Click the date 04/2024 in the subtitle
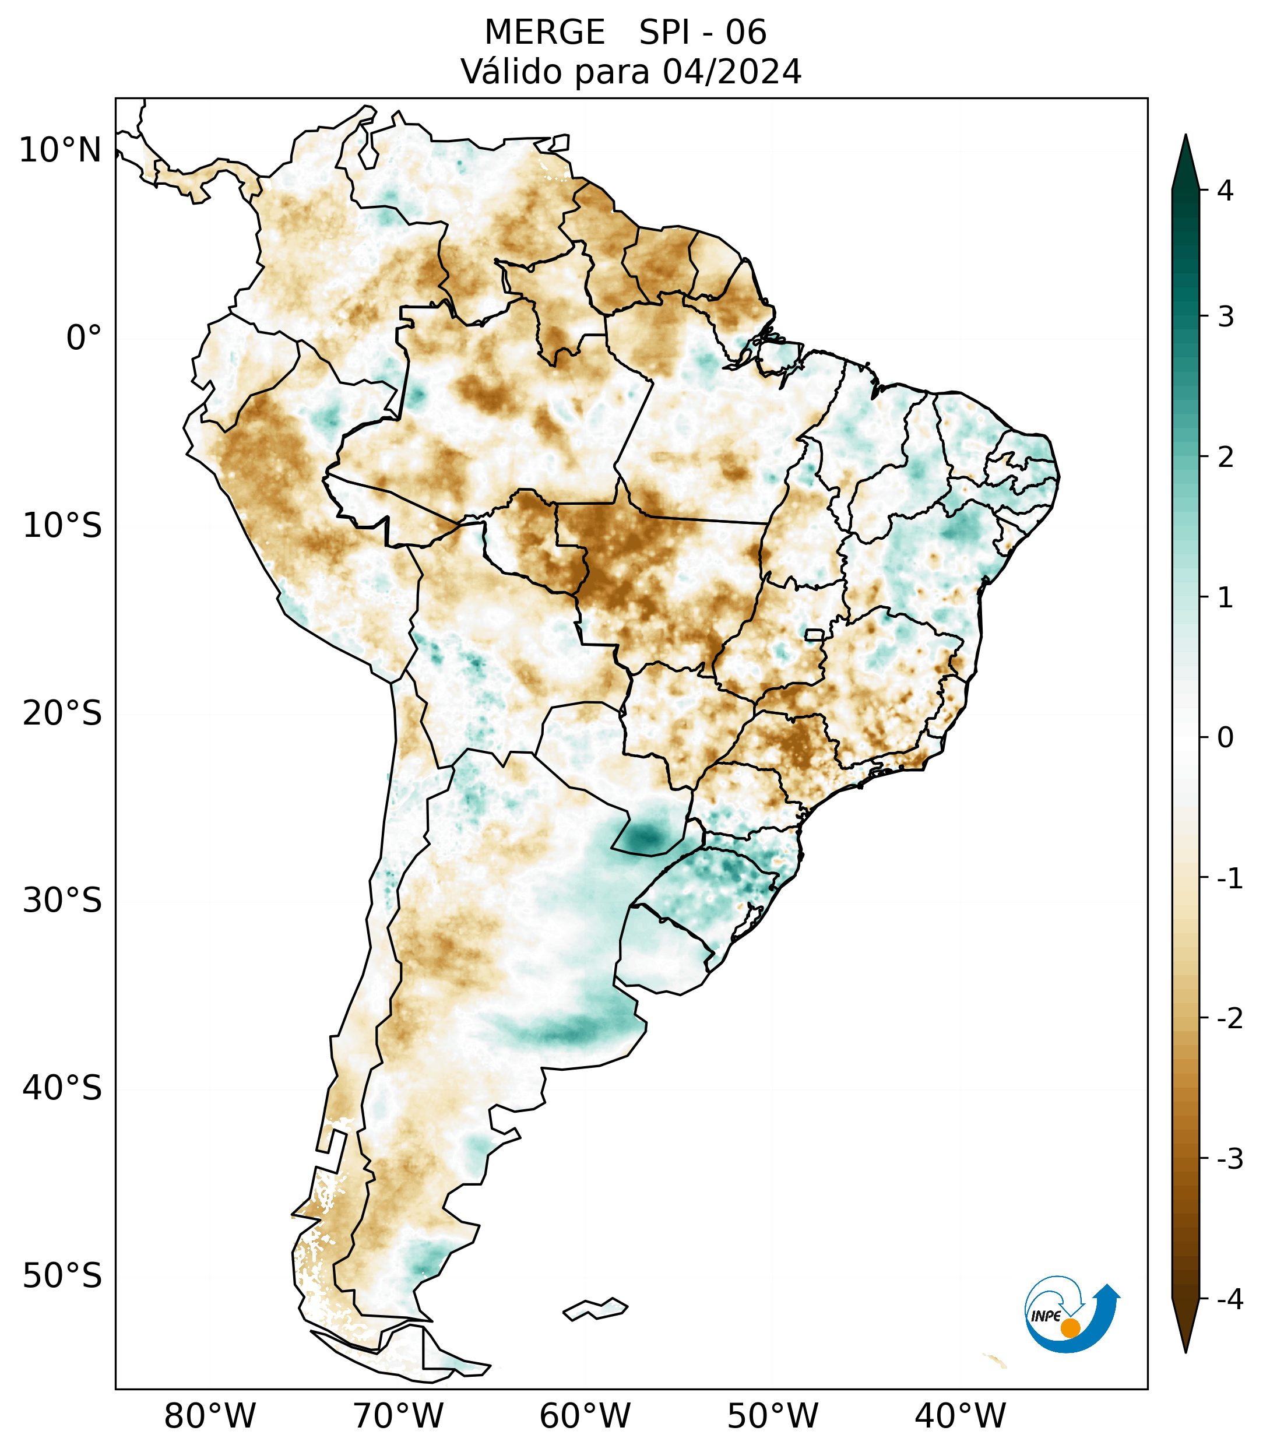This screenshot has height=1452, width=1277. [x=731, y=72]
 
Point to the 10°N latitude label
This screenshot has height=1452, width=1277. [x=59, y=150]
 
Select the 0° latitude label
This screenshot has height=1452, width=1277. [x=84, y=338]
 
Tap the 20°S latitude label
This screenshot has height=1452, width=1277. [x=62, y=713]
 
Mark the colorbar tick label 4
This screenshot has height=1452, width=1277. [x=1225, y=191]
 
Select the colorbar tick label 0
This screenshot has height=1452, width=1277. [x=1225, y=738]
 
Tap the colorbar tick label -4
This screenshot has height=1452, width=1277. [x=1229, y=1300]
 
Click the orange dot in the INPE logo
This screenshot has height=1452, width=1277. [x=1070, y=1328]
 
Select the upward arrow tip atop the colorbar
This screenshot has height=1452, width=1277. [x=1185, y=139]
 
